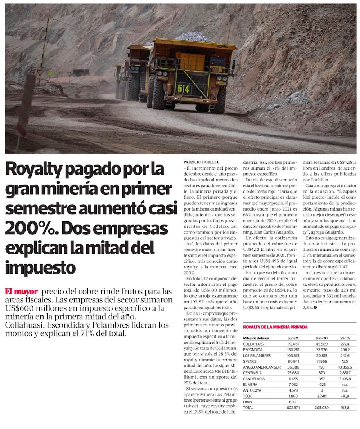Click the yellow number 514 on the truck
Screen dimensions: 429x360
(183, 89)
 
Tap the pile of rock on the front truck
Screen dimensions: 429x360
(193, 36)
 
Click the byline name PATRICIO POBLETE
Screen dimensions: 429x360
(201, 162)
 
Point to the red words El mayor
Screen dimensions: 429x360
(21, 291)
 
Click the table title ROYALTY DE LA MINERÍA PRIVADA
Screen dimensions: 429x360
(275, 327)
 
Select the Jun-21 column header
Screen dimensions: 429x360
(293, 338)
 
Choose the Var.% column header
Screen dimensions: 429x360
(345, 338)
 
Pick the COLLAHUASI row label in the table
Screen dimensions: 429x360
(253, 344)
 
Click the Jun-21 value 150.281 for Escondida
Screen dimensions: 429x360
(293, 349)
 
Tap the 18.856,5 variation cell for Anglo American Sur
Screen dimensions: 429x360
(345, 367)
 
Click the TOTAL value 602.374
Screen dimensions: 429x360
(293, 408)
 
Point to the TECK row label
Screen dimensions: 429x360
(247, 396)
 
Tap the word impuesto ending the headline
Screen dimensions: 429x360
(40, 267)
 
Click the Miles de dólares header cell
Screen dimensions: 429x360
(256, 338)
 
